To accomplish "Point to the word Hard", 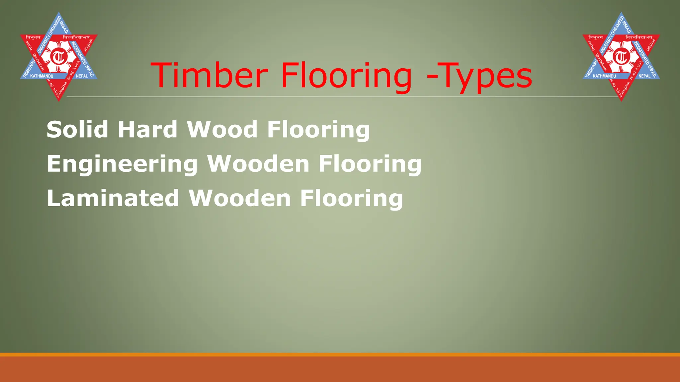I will pyautogui.click(x=147, y=129).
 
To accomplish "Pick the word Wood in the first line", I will pyautogui.click(x=222, y=129).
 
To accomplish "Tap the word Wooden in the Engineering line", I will pyautogui.click(x=258, y=164).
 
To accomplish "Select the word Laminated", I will pyautogui.click(x=113, y=198).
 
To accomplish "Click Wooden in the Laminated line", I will pyautogui.click(x=240, y=198).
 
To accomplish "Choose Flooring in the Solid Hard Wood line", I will pyautogui.click(x=318, y=130).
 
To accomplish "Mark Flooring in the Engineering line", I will pyautogui.click(x=370, y=164).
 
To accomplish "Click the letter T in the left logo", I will pyautogui.click(x=59, y=57).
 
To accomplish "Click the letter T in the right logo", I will pyautogui.click(x=621, y=57).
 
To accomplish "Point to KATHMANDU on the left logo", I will pyautogui.click(x=42, y=76).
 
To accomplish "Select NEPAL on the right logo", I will pyautogui.click(x=644, y=76).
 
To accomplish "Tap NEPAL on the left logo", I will pyautogui.click(x=82, y=76).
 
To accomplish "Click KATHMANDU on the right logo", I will pyautogui.click(x=604, y=76).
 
